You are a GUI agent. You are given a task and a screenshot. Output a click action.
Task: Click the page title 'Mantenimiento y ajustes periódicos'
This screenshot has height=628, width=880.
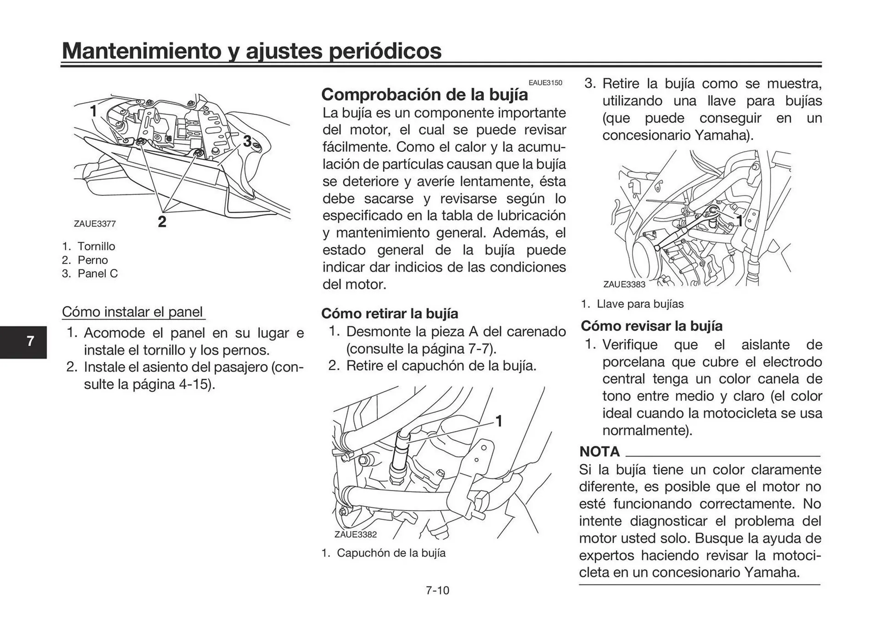tap(252, 51)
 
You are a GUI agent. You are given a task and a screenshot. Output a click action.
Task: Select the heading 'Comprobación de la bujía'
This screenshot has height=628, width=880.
tap(424, 94)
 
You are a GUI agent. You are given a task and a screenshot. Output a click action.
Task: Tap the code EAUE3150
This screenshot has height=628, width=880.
tap(545, 83)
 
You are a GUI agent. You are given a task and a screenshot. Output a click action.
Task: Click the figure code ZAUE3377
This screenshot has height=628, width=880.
tap(94, 224)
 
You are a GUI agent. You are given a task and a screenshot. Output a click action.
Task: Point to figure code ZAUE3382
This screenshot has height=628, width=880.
tap(355, 534)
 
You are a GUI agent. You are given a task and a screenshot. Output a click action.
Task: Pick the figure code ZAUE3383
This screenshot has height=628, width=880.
tap(624, 284)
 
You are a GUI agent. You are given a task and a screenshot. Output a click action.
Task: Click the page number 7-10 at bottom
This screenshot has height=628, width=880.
tap(437, 590)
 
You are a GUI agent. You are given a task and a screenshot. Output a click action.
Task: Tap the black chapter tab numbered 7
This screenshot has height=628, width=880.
tap(30, 342)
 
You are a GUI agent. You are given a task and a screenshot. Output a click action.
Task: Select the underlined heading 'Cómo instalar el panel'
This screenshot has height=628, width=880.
tap(132, 312)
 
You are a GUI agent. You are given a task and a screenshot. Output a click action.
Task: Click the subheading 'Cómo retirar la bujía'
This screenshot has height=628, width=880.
tap(390, 314)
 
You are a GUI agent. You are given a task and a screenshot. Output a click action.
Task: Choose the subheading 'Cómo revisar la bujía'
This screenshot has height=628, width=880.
tap(651, 326)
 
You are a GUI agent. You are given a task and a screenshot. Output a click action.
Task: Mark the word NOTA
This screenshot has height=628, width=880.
tap(599, 452)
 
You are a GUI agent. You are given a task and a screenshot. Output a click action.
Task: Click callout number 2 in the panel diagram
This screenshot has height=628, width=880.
tap(162, 222)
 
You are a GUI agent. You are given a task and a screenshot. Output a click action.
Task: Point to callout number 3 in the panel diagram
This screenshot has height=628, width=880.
tap(247, 141)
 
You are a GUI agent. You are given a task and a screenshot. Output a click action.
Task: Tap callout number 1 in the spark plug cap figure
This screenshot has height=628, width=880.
tap(499, 421)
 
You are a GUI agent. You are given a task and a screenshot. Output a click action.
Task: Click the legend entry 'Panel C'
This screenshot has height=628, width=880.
tap(97, 274)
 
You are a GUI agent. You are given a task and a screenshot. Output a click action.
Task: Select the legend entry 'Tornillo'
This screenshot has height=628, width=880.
tap(96, 246)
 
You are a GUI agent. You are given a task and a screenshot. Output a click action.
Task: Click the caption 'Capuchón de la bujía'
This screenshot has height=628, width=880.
tap(391, 553)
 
